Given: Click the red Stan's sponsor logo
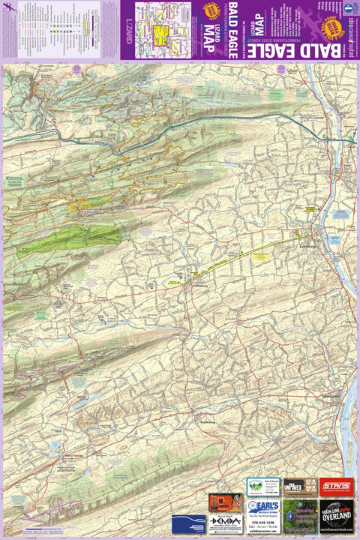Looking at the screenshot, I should click(335, 487).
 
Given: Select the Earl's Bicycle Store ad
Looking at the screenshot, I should click(262, 516).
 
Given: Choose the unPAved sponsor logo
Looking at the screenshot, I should click(294, 487).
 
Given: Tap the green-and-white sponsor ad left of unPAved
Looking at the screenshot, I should click(262, 487).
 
